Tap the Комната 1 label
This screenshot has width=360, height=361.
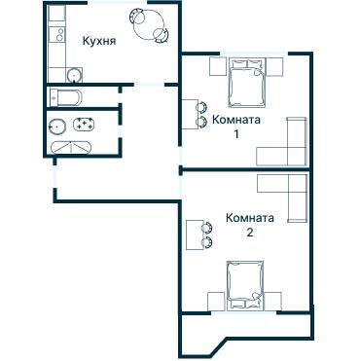(236, 126)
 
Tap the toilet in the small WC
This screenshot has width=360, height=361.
(69, 96)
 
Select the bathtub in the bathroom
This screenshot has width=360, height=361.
(72, 147)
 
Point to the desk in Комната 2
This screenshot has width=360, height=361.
(195, 234)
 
